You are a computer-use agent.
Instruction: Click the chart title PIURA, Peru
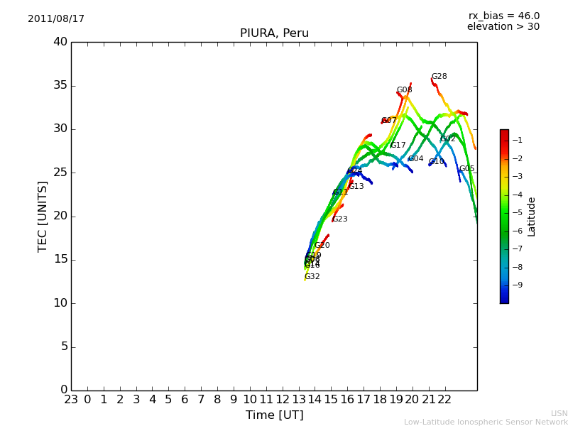click(x=274, y=33)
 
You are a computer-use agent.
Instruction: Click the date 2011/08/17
click(x=56, y=19)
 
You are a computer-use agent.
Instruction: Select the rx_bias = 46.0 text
click(x=504, y=16)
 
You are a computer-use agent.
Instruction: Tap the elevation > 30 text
click(x=503, y=27)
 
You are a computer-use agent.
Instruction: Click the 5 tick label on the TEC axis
click(x=62, y=347)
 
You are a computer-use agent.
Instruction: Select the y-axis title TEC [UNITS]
click(x=43, y=217)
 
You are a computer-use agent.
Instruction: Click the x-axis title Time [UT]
click(x=274, y=415)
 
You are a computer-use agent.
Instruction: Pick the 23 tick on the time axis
click(x=71, y=399)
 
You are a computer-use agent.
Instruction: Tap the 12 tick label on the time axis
click(x=283, y=399)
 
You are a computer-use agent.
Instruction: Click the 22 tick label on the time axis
click(x=445, y=399)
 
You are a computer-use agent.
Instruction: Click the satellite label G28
click(x=439, y=77)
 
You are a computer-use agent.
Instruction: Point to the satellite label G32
click(x=312, y=277)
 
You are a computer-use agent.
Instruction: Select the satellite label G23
click(x=340, y=219)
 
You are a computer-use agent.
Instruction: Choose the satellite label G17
click(x=398, y=146)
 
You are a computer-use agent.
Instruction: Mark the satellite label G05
click(x=466, y=169)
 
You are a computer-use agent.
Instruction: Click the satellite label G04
click(x=415, y=159)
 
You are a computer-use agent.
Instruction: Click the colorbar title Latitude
click(x=532, y=217)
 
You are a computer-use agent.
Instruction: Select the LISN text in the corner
click(x=559, y=413)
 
